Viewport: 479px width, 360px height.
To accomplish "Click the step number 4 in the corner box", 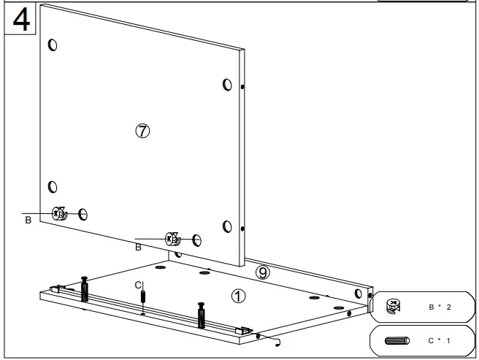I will click(x=21, y=19).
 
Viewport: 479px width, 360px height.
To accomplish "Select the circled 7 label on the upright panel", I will click(x=142, y=131).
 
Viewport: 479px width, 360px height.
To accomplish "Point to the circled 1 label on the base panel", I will click(x=238, y=296).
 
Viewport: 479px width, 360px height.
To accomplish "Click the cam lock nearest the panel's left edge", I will click(x=60, y=214).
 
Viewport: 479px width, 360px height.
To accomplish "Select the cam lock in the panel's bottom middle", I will click(x=173, y=239).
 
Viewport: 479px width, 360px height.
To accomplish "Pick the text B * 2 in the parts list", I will click(x=440, y=306).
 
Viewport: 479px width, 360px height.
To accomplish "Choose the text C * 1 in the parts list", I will click(x=440, y=340).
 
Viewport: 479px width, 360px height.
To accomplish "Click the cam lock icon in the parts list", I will click(x=393, y=306).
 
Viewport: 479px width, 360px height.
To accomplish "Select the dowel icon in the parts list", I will click(x=397, y=340).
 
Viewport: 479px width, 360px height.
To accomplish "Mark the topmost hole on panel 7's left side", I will click(x=51, y=45).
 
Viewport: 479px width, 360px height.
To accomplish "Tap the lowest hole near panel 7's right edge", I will click(x=227, y=225).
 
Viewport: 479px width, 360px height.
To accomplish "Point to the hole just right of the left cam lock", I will click(x=83, y=214).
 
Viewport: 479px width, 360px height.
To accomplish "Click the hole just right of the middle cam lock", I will click(x=196, y=240).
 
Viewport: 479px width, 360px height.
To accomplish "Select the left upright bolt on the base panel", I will click(x=85, y=290).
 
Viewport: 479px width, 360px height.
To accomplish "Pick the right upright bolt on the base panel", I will click(x=200, y=314).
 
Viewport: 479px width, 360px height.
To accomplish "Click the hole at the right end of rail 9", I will click(x=358, y=294).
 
